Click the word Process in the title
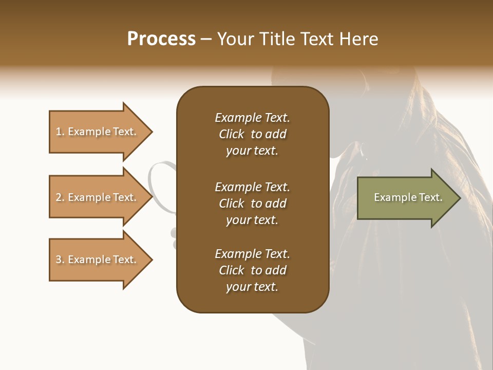pos(161,39)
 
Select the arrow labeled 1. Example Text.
pos(98,132)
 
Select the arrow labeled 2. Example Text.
pos(98,197)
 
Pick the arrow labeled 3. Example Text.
pos(98,260)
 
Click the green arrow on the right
pos(406,197)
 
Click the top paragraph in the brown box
pos(252,134)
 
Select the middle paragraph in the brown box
pos(252,203)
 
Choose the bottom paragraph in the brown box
pos(252,270)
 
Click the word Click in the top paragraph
pos(231,134)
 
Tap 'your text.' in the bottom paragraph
pos(252,287)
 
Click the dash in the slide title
pos(206,39)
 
